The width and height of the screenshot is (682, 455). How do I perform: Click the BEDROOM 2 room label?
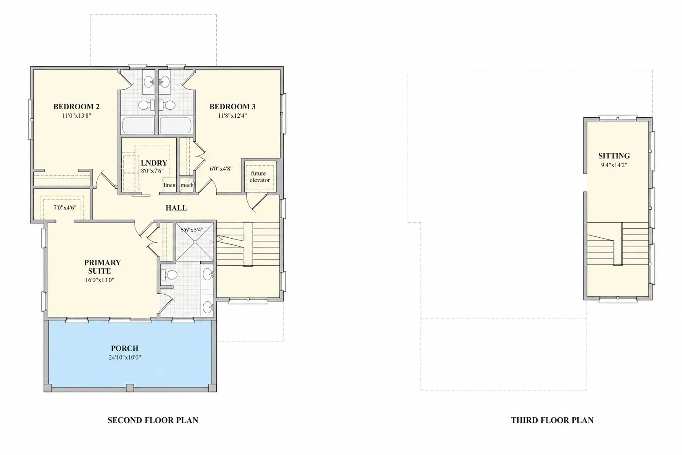click(76, 107)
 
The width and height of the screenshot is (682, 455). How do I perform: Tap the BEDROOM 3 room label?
click(232, 107)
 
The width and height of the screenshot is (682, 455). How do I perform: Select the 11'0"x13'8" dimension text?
click(76, 116)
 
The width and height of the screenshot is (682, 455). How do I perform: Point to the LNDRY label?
click(154, 163)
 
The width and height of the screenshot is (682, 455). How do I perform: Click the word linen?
click(169, 185)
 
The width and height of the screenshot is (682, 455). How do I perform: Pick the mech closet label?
click(187, 185)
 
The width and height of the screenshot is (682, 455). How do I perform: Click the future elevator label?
click(259, 177)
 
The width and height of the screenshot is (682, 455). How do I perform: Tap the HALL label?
click(176, 208)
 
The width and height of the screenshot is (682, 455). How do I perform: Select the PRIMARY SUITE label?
click(102, 267)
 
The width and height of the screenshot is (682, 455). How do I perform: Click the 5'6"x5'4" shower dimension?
click(192, 230)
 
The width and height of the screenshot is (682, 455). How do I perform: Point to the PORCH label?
click(124, 348)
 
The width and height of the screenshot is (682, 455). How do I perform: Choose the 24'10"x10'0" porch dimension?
click(124, 357)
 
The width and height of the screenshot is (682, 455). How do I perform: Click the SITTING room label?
click(614, 156)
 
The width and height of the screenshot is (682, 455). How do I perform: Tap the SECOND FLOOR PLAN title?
click(153, 420)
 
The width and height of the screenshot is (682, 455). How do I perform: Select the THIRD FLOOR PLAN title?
click(552, 420)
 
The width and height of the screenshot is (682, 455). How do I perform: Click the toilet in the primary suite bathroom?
click(169, 275)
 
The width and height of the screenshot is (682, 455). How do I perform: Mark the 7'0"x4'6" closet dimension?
click(65, 208)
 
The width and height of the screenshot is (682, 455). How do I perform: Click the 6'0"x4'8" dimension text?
click(221, 168)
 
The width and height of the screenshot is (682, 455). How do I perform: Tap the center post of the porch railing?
click(130, 388)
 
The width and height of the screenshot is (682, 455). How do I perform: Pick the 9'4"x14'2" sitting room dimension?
click(614, 165)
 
